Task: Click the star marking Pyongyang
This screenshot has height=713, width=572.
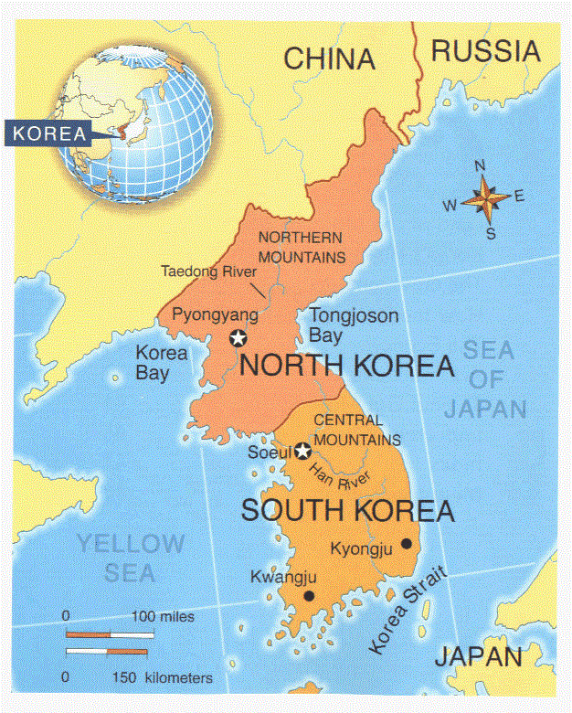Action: tap(238, 338)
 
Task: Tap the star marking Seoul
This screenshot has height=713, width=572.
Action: tap(303, 451)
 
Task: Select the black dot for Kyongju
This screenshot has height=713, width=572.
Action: tap(406, 544)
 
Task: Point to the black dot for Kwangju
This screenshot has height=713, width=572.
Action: tap(309, 596)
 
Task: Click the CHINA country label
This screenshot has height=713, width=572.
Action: tap(329, 59)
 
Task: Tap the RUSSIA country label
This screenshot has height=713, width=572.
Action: tap(486, 51)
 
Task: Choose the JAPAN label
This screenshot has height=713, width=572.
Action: tap(478, 656)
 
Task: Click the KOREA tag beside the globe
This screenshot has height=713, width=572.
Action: tap(49, 133)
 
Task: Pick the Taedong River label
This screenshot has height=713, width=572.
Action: tap(208, 271)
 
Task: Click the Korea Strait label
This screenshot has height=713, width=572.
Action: tap(408, 610)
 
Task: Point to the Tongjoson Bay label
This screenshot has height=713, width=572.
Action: tap(354, 325)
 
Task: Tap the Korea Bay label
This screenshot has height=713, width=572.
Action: tap(162, 362)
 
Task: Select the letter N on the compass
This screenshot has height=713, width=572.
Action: tap(481, 166)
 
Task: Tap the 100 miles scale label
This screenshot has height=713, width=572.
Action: tap(164, 617)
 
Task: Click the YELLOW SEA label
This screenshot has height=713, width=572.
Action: tap(130, 559)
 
